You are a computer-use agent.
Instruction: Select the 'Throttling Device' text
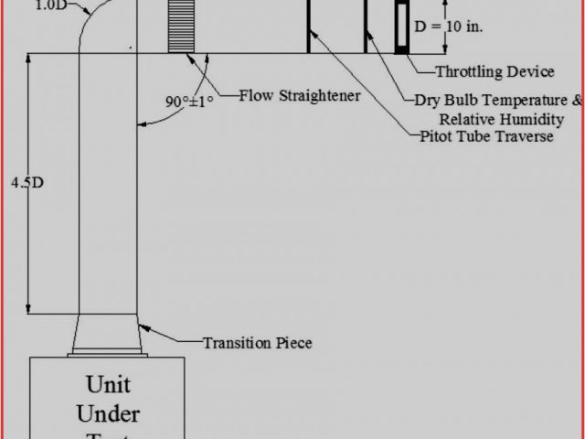coord(495,71)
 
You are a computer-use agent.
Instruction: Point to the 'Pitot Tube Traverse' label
coord(486,136)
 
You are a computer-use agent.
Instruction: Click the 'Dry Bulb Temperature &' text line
coord(498,100)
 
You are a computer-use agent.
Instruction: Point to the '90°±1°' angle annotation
coord(189,102)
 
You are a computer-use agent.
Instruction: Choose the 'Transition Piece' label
coord(258,343)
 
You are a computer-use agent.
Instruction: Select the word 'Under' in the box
coord(108,412)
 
